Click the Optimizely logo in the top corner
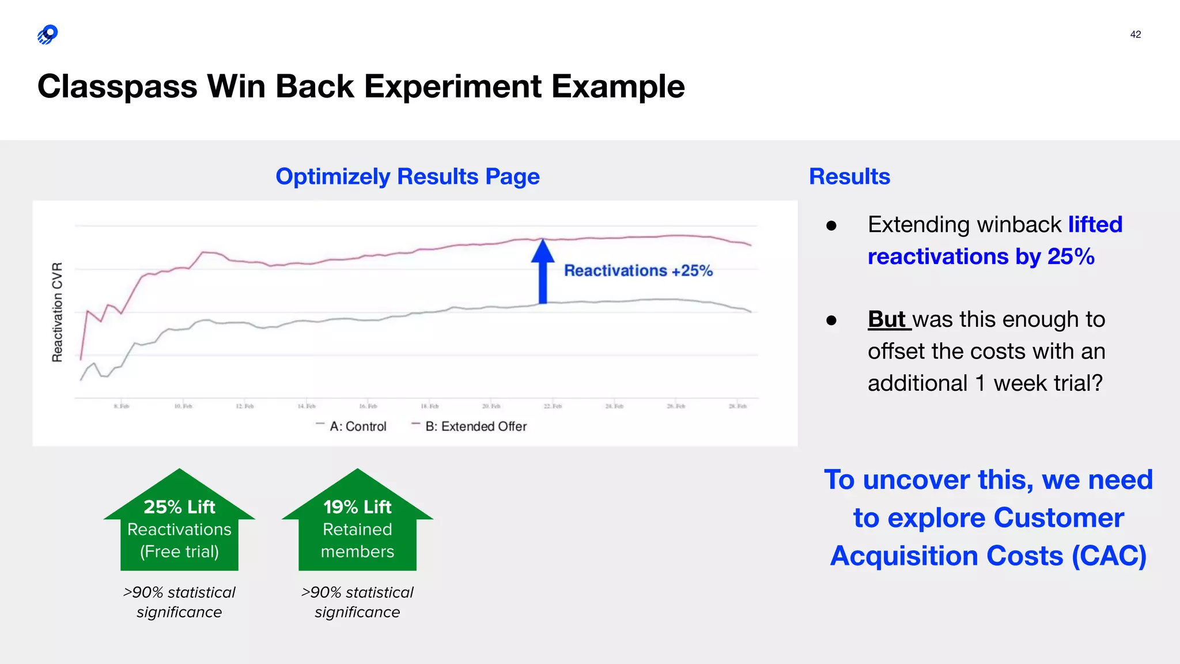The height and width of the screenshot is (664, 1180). (48, 35)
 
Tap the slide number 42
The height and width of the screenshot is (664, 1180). (1135, 35)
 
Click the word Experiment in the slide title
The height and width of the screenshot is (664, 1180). (452, 86)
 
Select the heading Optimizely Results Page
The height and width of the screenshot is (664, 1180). (407, 176)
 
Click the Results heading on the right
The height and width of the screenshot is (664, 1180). (849, 176)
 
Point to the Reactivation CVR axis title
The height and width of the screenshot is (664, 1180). (57, 312)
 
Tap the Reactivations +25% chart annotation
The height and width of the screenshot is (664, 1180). (638, 270)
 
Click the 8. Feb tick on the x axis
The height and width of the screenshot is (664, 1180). (122, 406)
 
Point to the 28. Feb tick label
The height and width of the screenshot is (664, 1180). (737, 406)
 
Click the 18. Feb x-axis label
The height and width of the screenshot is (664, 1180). (430, 406)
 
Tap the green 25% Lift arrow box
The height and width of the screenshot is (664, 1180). (179, 527)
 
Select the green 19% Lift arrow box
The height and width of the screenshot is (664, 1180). (357, 527)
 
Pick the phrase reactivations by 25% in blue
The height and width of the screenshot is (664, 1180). (981, 256)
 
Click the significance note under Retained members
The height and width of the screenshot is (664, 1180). (357, 602)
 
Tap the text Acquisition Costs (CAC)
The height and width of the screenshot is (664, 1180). (988, 556)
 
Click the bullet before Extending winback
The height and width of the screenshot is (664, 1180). (831, 225)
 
